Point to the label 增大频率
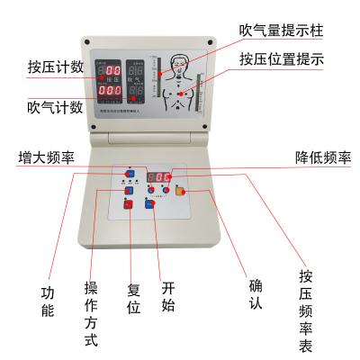click(x=46, y=158)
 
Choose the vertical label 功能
click(x=48, y=301)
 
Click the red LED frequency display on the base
click(x=160, y=176)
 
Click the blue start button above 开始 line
click(x=149, y=203)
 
